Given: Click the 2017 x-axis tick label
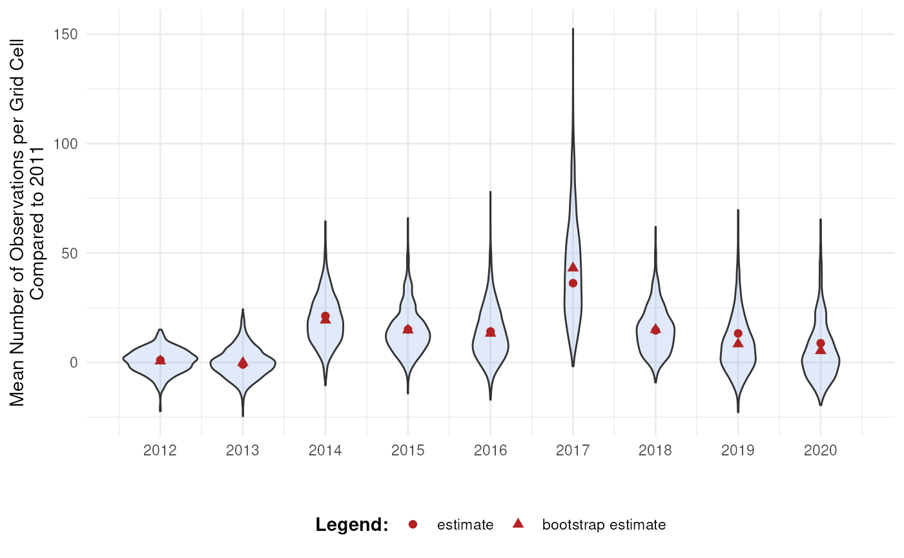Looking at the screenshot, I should click(573, 450).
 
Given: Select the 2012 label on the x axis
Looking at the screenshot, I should click(160, 450).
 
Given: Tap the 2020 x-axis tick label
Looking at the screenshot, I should click(821, 450).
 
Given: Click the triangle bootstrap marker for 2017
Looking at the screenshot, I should click(573, 267).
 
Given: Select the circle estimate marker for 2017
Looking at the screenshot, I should click(573, 283).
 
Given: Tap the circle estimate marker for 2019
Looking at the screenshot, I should click(738, 334).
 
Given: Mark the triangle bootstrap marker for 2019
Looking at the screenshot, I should click(738, 343).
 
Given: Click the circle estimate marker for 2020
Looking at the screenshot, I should click(821, 343).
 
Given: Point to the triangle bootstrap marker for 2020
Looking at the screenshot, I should click(821, 350).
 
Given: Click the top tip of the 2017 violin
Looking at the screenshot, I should click(573, 29).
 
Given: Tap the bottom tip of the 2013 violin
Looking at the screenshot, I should click(243, 415).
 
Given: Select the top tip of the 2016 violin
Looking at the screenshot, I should click(490, 192).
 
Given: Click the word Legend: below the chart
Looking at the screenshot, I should click(352, 525).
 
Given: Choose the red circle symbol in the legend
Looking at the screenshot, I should click(413, 525).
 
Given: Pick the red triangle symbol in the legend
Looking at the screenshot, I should click(517, 524).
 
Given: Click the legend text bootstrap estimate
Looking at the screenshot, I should click(604, 525).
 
